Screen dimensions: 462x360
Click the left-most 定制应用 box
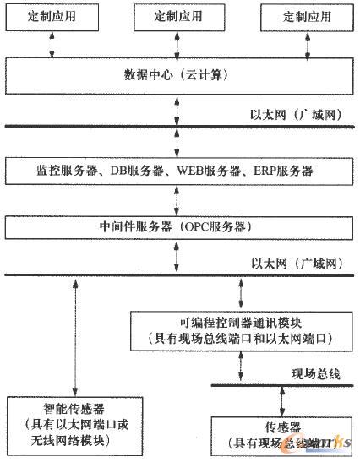pos(52,16)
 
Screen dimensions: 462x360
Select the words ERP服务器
pos(283,170)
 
